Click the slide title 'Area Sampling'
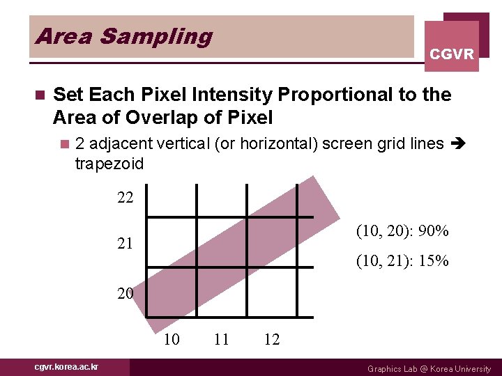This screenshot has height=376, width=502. (x=123, y=36)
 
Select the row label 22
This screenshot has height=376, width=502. (x=125, y=198)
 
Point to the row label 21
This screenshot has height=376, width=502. (x=125, y=244)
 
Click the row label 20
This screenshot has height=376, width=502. (x=125, y=293)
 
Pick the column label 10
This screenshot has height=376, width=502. (x=172, y=339)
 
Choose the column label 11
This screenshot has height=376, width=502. (x=222, y=339)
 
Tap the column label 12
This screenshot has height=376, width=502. (x=272, y=339)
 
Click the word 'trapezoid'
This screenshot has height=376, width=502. (x=109, y=164)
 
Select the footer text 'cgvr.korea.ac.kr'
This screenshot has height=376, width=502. (x=67, y=367)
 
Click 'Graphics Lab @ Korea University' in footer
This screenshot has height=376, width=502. (x=429, y=368)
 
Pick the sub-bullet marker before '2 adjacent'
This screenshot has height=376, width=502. (x=65, y=144)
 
